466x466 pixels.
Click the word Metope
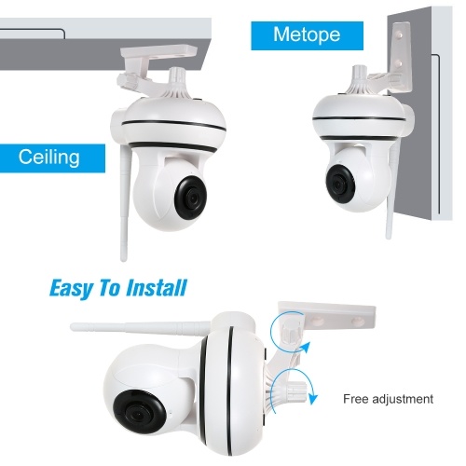(x=307, y=34)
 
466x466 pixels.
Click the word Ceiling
(x=49, y=157)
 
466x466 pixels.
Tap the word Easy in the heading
(x=71, y=288)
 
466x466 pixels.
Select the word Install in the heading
(x=157, y=288)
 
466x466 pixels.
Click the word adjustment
(x=403, y=399)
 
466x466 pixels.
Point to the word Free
(x=356, y=399)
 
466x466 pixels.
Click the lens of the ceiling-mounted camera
(x=190, y=199)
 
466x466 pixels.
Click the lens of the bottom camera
(x=139, y=411)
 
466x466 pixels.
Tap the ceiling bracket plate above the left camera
(x=159, y=51)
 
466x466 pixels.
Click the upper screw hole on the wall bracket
(x=400, y=35)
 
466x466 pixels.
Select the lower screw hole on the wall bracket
(x=399, y=64)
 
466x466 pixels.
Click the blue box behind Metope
(x=307, y=35)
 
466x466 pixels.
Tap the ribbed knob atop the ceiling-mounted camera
(x=176, y=77)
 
